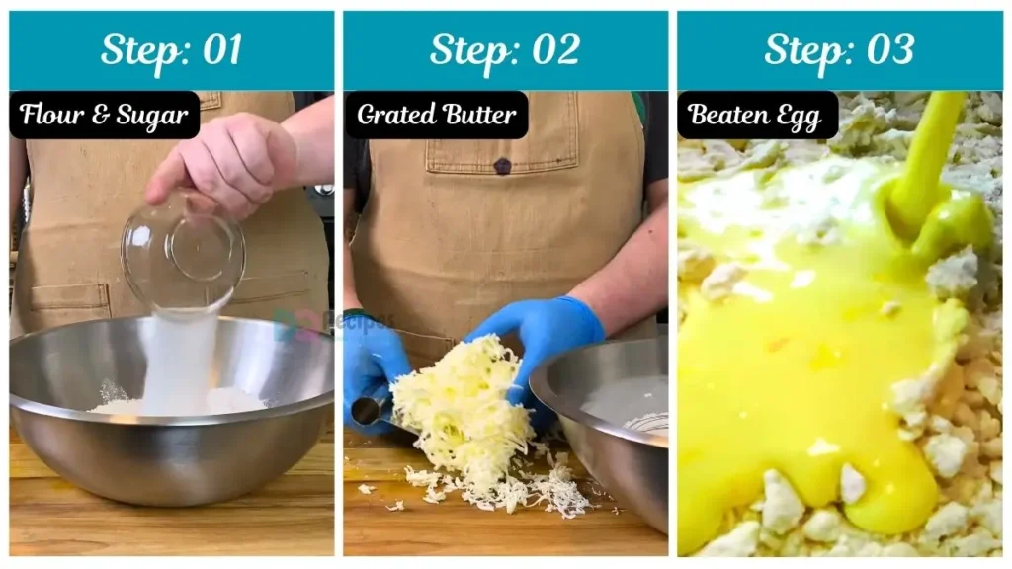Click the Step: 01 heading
point(171,49)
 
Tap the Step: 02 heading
point(505,49)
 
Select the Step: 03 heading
point(839,49)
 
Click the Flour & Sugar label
point(104,116)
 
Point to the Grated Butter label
point(436,116)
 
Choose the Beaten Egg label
point(757,116)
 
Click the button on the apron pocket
point(503,166)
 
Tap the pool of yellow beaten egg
point(801,375)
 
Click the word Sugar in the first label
point(153,116)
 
